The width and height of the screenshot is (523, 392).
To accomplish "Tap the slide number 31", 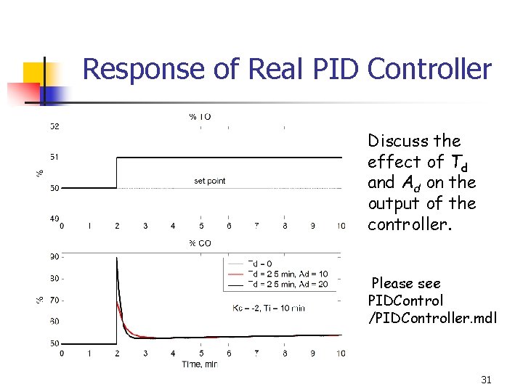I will click(x=487, y=380).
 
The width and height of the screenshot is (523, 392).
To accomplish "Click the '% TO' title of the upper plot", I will click(x=200, y=116).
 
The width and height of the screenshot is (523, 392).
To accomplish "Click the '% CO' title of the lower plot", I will click(x=200, y=243).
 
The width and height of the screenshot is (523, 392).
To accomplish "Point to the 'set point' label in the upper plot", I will click(x=210, y=181).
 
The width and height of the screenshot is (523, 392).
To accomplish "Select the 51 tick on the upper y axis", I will click(x=55, y=157).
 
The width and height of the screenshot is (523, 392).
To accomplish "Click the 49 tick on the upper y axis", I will click(x=55, y=219).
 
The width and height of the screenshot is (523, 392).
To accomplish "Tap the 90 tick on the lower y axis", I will click(x=55, y=256).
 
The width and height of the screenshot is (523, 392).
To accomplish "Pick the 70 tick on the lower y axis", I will click(x=55, y=299).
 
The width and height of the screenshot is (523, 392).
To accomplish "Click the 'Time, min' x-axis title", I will click(x=199, y=364).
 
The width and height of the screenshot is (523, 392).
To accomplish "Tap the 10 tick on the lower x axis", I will click(x=341, y=354).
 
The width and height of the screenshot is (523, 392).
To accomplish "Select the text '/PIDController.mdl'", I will click(x=433, y=317).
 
